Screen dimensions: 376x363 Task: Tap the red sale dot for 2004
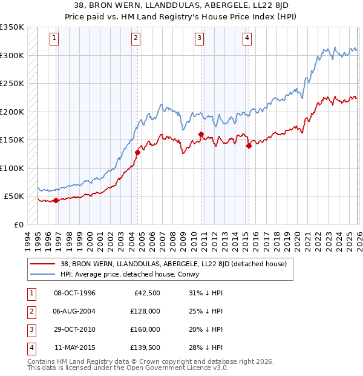[137, 153]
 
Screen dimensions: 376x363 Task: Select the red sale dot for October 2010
[201, 135]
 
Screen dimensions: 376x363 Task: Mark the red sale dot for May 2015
[248, 146]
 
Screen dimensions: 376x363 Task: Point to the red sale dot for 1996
[56, 200]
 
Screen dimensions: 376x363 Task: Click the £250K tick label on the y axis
[12, 84]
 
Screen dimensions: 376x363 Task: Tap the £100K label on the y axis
[12, 168]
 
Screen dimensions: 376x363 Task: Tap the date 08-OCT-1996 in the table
[75, 294]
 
